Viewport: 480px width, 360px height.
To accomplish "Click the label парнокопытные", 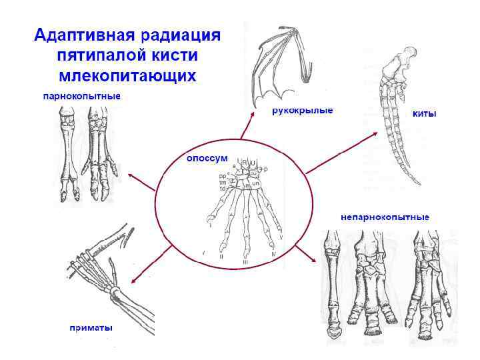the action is [x=82, y=97].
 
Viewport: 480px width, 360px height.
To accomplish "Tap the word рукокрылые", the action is [x=302, y=110].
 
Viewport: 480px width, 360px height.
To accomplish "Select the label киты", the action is [x=425, y=114].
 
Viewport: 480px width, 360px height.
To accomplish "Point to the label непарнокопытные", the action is [x=385, y=217].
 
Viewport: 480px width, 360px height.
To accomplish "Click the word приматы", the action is [x=91, y=327].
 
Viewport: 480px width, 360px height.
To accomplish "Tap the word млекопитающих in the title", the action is [x=127, y=75].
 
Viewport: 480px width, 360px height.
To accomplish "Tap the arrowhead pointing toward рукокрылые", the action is [x=252, y=114].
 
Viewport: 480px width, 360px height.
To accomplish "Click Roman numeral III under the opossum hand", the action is [x=245, y=262].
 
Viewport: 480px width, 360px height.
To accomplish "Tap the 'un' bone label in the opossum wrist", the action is [x=255, y=183].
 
